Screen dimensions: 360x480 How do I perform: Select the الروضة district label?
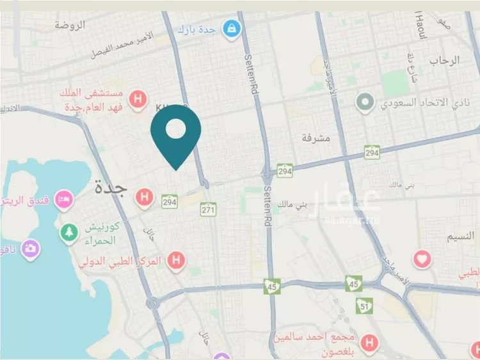click(x=70, y=25)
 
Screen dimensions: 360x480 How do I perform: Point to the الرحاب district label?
click(x=444, y=60)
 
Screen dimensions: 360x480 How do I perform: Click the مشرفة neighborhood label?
click(x=315, y=137)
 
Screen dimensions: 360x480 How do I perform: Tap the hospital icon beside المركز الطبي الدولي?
click(x=175, y=260)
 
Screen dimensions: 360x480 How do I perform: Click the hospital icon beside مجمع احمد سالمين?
click(x=369, y=343)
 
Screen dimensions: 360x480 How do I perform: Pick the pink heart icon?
click(x=422, y=259)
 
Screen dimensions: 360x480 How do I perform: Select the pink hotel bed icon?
click(x=63, y=200)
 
